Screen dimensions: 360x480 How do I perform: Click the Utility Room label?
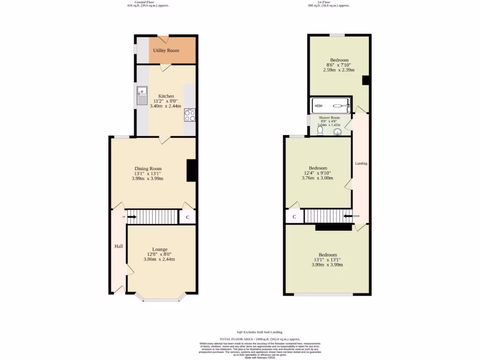(166, 50)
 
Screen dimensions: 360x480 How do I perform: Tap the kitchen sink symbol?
(142, 96)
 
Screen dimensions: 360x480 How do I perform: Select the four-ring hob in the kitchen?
(190, 115)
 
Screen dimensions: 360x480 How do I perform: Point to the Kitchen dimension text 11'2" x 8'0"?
(165, 101)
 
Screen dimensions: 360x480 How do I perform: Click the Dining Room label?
(148, 169)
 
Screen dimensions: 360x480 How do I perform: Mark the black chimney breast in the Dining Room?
(191, 171)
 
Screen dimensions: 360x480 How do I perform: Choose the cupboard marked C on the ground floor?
(187, 217)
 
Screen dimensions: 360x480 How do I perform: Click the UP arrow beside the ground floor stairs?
(131, 217)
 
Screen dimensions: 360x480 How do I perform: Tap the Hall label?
(119, 246)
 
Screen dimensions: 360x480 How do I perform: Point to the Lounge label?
(159, 249)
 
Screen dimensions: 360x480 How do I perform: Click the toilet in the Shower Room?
(320, 131)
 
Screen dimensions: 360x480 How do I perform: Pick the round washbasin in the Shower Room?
(337, 132)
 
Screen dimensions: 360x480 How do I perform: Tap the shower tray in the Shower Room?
(331, 105)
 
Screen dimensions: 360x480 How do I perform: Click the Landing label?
(361, 164)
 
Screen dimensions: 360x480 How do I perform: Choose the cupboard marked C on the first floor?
(294, 217)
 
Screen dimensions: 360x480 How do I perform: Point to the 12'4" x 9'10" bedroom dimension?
(318, 173)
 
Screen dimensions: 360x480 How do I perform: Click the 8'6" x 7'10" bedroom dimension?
(339, 65)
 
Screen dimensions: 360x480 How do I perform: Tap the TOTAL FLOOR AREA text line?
(260, 339)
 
